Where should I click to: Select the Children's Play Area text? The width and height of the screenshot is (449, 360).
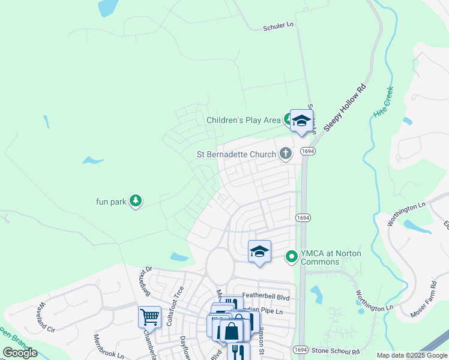coord(243,120)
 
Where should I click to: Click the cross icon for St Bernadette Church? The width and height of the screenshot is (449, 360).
coord(286,154)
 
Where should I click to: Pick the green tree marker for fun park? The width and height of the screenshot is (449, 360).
coord(136,201)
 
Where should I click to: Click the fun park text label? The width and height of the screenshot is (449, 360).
coord(111,202)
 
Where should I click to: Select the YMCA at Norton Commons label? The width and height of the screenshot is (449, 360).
coord(331,257)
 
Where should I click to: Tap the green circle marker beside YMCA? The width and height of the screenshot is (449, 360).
coord(292,257)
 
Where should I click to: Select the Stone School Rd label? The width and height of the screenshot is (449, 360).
coord(335,350)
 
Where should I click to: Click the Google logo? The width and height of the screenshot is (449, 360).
coord(20,353)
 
